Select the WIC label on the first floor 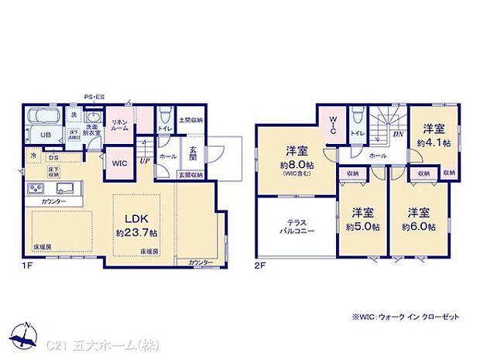(118, 164)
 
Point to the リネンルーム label (118, 125)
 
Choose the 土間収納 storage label (190, 120)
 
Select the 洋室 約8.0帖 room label (297, 158)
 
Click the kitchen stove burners (37, 189)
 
